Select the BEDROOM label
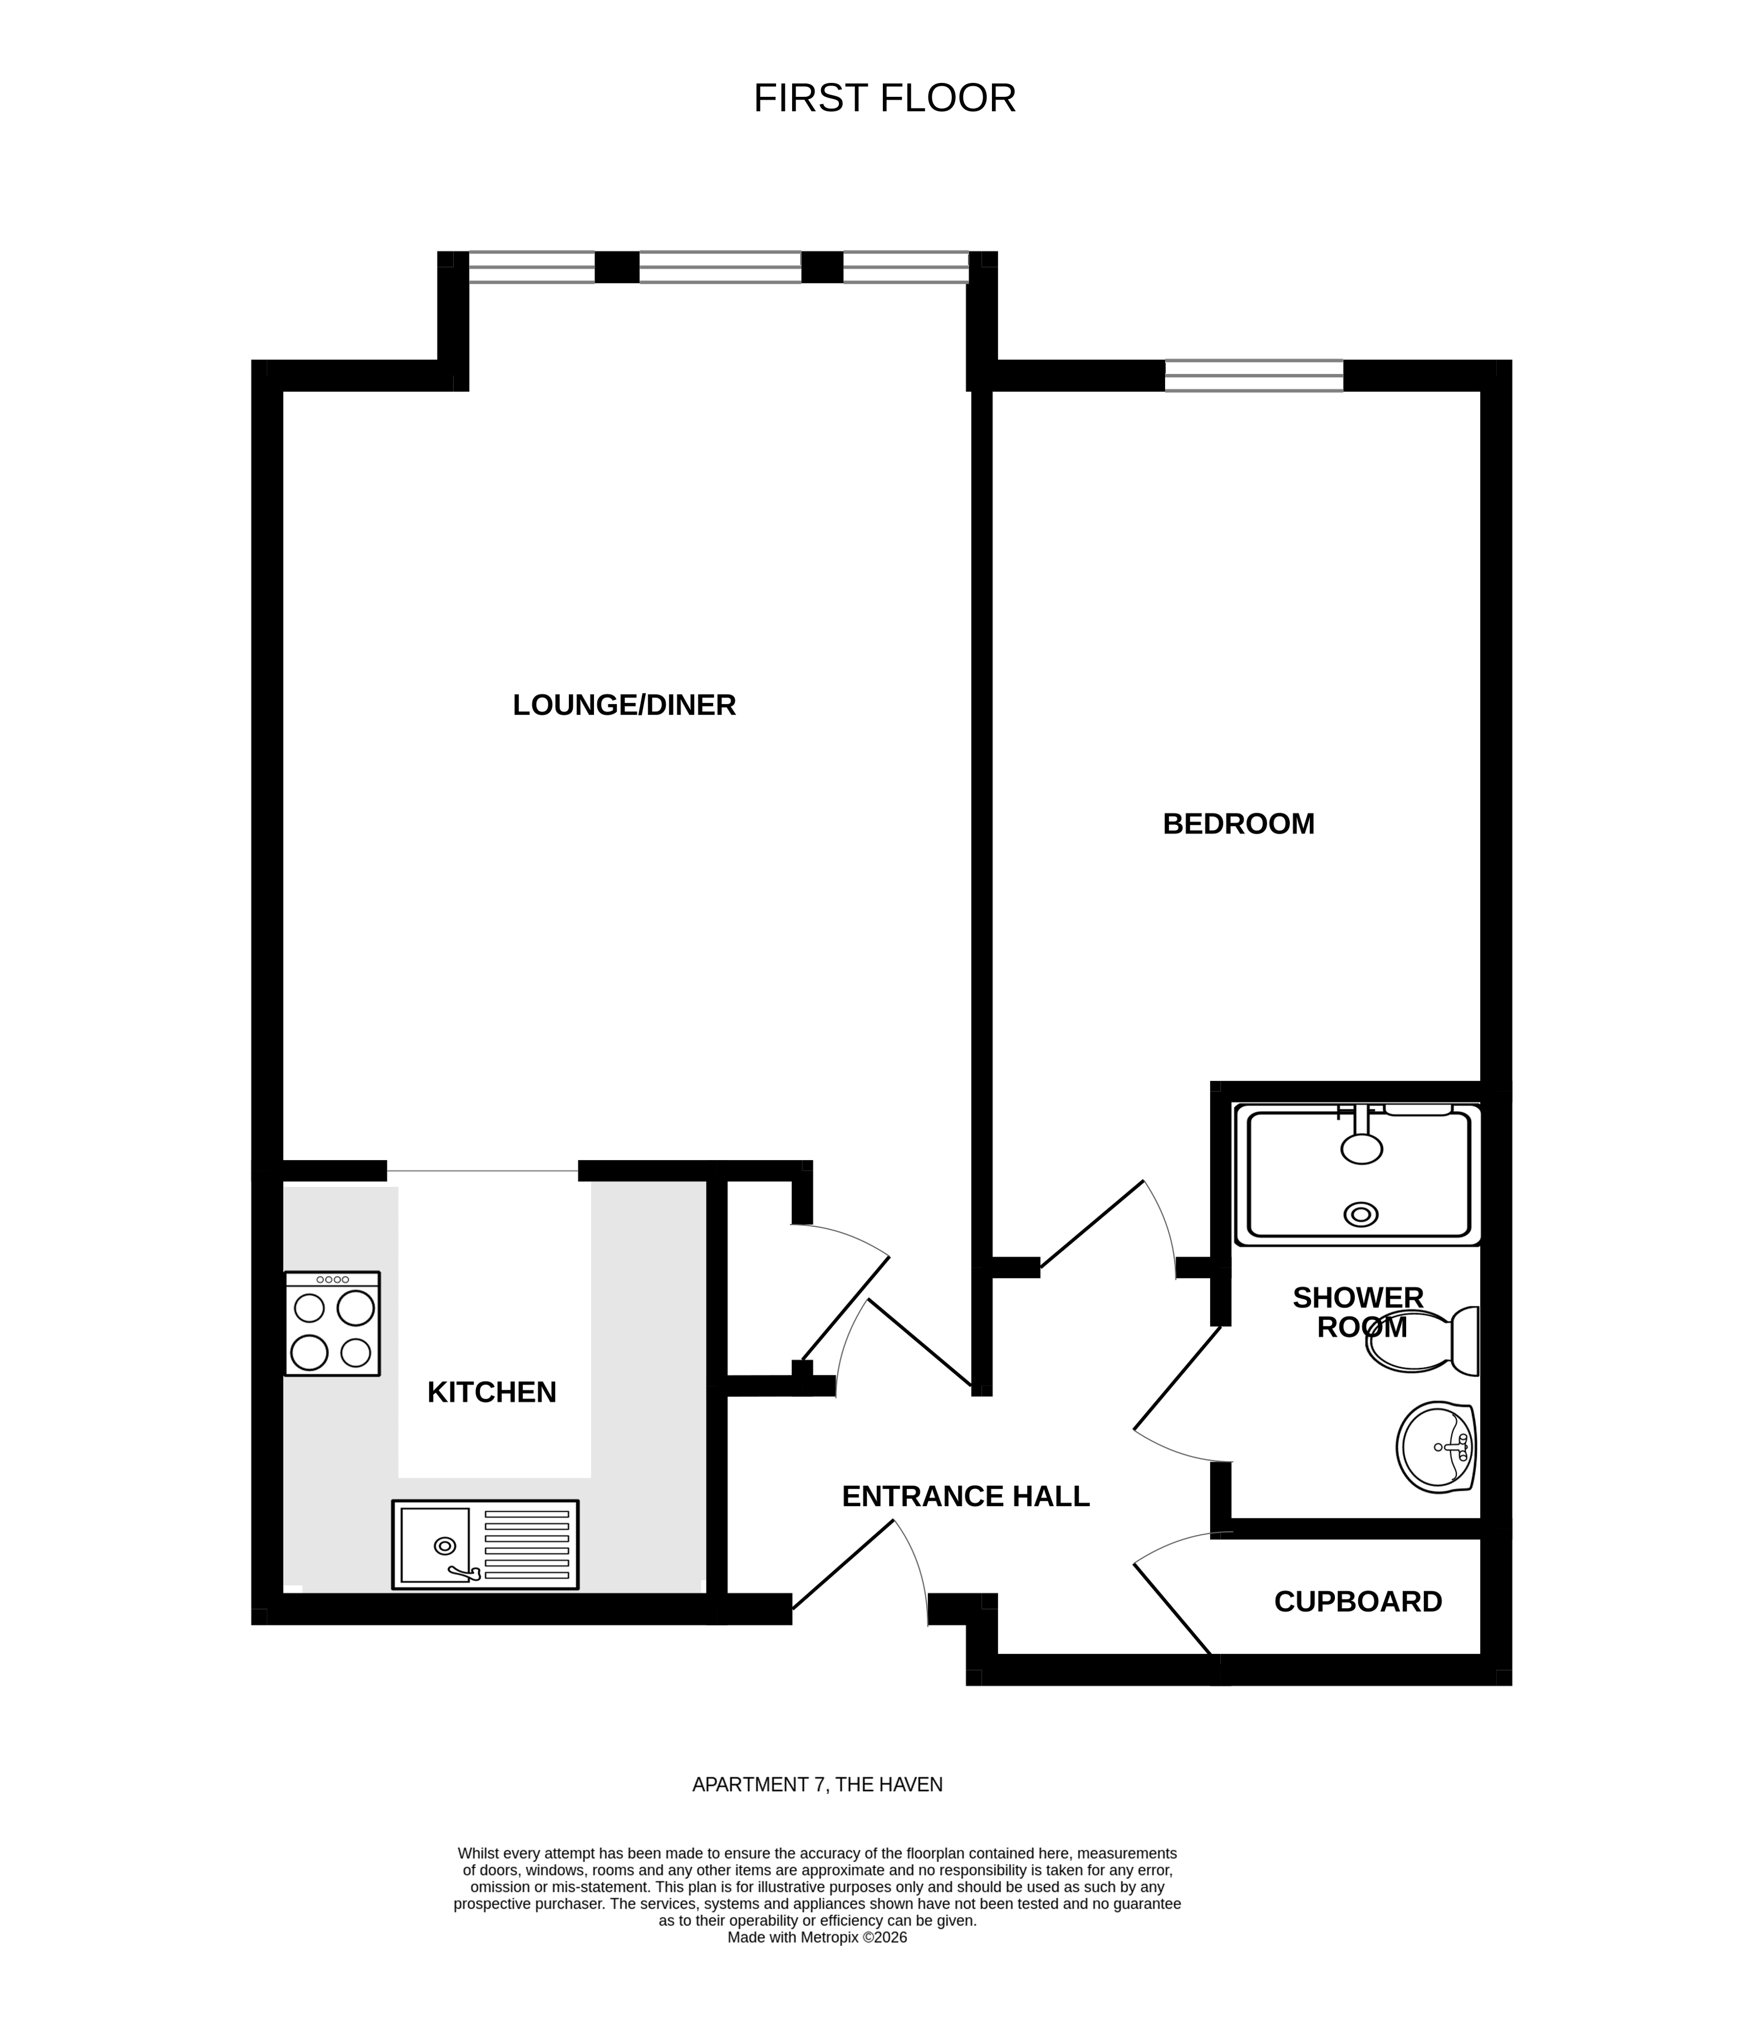[x=1238, y=824]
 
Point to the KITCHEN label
[x=492, y=1392]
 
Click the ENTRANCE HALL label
[x=965, y=1496]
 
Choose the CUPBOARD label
[x=1358, y=1601]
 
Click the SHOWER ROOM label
[x=1358, y=1312]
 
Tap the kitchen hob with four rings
[x=332, y=1324]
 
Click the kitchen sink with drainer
[x=484, y=1545]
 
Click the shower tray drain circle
[x=1362, y=1215]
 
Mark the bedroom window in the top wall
[x=1254, y=376]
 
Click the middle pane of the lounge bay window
[x=720, y=267]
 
